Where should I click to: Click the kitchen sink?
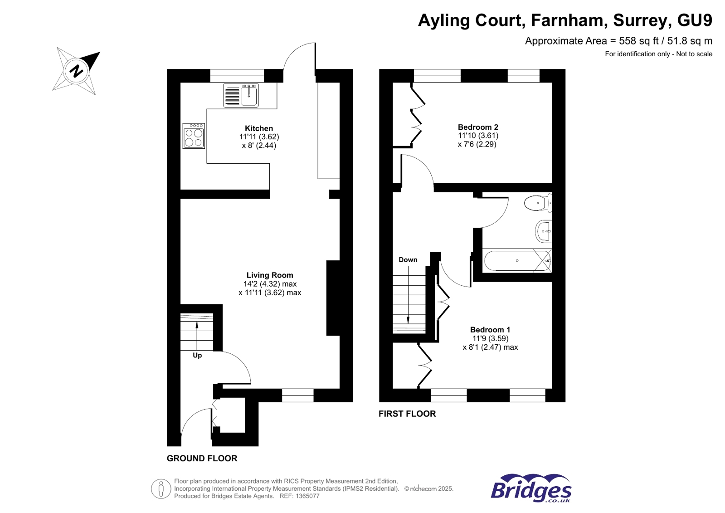[x=249, y=95]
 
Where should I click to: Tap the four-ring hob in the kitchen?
[x=194, y=136]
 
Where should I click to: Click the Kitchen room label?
[x=259, y=128]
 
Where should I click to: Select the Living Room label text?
[x=270, y=275]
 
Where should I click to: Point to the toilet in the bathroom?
[x=537, y=203]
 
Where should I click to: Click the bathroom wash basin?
[x=543, y=231]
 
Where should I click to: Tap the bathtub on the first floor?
[x=516, y=261]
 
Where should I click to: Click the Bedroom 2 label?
[x=478, y=127]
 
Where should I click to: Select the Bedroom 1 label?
[x=490, y=330]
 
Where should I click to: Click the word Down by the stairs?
[x=408, y=260]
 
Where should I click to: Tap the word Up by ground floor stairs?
[x=197, y=355]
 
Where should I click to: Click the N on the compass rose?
[x=77, y=71]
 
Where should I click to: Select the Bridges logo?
[x=531, y=489]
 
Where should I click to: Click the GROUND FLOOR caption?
[x=202, y=458]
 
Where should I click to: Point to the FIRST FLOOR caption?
[x=407, y=414]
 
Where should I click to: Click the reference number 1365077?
[x=306, y=496]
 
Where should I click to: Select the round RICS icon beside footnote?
[x=161, y=489]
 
